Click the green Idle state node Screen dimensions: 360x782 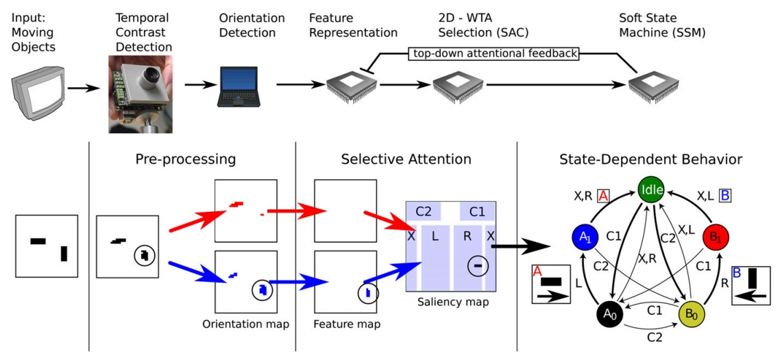click(651, 189)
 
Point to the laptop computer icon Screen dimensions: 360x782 click(237, 87)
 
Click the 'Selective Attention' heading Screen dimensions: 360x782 click(406, 159)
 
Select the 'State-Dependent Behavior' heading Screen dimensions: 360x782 click(649, 159)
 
